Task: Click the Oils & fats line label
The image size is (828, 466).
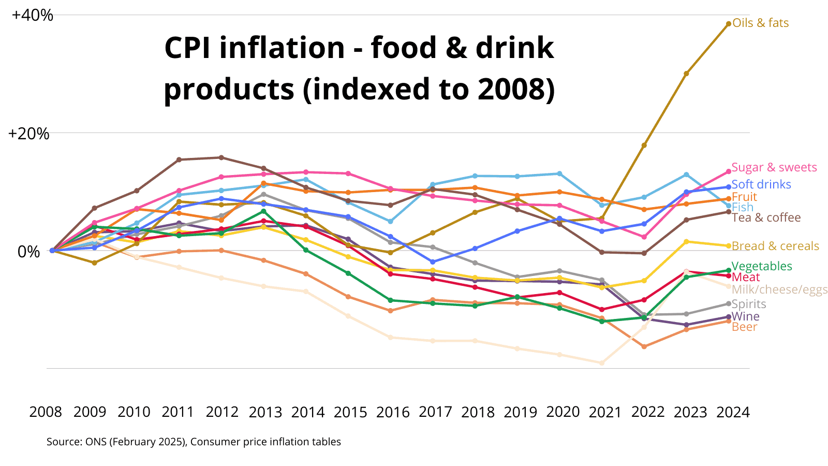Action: [760, 23]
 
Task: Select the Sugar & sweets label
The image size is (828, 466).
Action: [774, 167]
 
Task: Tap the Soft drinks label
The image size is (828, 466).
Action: [761, 184]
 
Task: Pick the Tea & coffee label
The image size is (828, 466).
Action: [766, 217]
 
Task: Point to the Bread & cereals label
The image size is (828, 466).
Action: [775, 246]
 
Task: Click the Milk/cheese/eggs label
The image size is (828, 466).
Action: [779, 289]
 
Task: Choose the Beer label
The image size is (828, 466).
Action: [744, 327]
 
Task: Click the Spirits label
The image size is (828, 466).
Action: [748, 304]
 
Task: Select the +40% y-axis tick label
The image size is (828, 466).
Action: [33, 15]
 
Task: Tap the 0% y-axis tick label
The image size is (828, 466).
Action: [28, 252]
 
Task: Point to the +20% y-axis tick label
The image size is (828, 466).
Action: [29, 134]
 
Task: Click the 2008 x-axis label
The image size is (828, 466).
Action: [46, 412]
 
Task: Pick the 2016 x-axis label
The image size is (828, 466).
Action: [393, 412]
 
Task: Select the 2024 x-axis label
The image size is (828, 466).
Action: [733, 412]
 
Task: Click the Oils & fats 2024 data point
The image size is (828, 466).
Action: [729, 23]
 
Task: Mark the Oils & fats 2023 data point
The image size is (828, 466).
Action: [686, 74]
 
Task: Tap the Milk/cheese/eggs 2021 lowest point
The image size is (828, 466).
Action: [601, 363]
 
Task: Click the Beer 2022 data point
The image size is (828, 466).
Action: [644, 346]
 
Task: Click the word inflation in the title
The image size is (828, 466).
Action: [282, 48]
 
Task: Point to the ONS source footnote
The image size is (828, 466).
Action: [194, 442]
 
